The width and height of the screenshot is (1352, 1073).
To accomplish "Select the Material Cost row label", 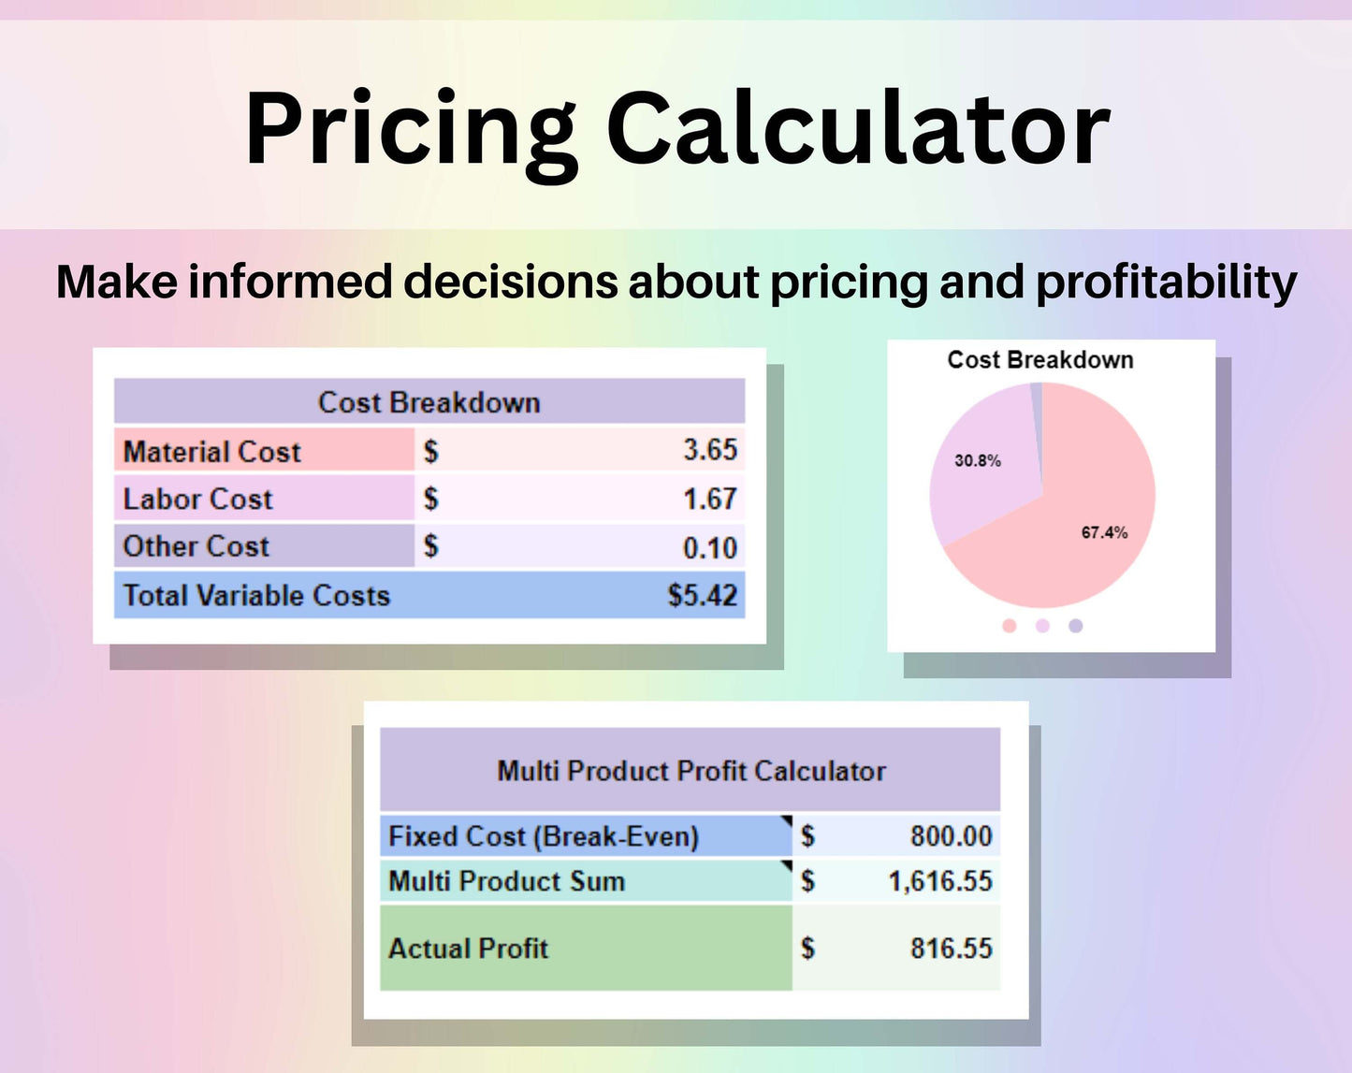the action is pos(212,452).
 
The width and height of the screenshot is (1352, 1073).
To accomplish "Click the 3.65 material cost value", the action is pos(710,450).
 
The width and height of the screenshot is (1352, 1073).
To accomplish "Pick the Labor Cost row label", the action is pos(198,499).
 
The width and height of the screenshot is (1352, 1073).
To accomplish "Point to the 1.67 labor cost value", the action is pos(710,499).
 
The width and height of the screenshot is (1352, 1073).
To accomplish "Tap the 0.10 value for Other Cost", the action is pos(710,548).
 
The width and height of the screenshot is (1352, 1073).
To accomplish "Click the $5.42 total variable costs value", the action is pos(703,595).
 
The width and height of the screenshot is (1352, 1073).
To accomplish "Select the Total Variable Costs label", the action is pos(256,595).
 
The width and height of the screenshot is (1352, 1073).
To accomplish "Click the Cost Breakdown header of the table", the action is pos(429,402).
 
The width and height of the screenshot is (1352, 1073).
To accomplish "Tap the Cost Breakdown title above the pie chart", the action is pos(1040,360).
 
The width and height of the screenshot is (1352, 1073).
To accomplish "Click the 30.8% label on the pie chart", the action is pos(978,460).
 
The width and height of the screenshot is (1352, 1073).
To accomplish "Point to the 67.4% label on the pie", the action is pos(1104,532).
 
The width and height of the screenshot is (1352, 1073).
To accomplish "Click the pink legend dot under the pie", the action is pos(1009,626).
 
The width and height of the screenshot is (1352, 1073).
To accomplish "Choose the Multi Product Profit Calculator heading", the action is pos(691,771).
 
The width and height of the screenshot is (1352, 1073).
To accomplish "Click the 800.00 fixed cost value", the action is pos(952,836).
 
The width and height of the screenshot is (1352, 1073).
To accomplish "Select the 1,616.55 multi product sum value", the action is pos(940,881).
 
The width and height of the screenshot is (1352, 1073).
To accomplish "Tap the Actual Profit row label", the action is pos(468,948).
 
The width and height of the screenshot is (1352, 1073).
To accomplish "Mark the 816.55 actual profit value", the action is pos(952,948).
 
